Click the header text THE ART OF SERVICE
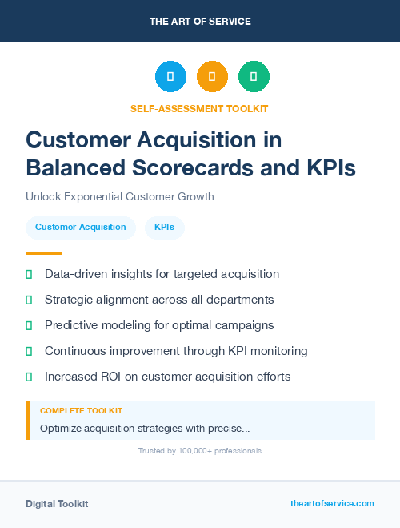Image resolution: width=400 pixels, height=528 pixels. (200, 22)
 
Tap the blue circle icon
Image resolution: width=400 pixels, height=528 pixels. (170, 76)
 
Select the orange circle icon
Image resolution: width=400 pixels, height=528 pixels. (212, 76)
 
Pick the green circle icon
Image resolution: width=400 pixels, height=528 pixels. (254, 76)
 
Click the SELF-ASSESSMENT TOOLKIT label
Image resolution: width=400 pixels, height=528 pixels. (199, 108)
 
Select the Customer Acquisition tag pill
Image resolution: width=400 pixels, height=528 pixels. (81, 227)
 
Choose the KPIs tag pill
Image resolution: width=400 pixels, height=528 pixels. (164, 227)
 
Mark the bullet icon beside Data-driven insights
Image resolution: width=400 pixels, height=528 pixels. (29, 274)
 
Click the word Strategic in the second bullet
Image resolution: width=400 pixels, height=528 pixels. (70, 300)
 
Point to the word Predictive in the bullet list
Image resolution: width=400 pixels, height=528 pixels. (72, 325)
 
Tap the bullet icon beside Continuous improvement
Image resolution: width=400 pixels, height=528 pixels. (29, 351)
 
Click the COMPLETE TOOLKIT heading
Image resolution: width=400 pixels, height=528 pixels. (82, 410)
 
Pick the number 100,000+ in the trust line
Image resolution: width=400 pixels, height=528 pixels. (189, 451)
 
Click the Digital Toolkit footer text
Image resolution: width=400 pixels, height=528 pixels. (57, 503)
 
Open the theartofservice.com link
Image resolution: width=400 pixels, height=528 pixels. (332, 503)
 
